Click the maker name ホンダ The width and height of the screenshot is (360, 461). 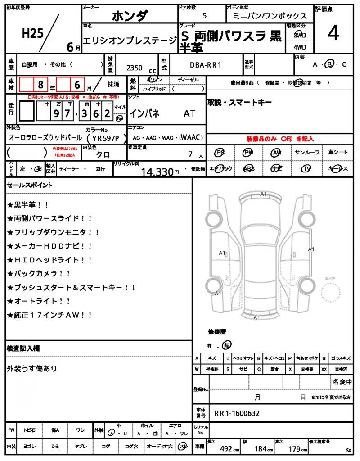pos(129,16)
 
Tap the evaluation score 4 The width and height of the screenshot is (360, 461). pos(333,33)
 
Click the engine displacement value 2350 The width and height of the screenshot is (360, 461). pos(135,68)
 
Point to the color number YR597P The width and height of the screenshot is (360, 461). pos(103,138)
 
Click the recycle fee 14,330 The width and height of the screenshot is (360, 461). pos(157,172)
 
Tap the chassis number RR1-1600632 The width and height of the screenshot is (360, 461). pos(237,413)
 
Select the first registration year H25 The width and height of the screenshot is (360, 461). pos(32,33)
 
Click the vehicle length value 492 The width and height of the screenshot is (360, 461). pos(226,448)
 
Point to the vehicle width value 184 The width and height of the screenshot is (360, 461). pos(261,448)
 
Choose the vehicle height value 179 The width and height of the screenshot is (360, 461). pos(295,448)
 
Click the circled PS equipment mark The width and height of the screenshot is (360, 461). pos(220,153)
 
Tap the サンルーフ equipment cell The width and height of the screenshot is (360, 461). pos(307,153)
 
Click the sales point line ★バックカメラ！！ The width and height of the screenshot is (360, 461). pos(39,273)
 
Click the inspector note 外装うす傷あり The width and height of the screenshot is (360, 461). pos(32,368)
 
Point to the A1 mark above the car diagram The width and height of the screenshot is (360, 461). pos(263,194)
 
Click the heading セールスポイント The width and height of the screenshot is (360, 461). pos(30,185)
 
